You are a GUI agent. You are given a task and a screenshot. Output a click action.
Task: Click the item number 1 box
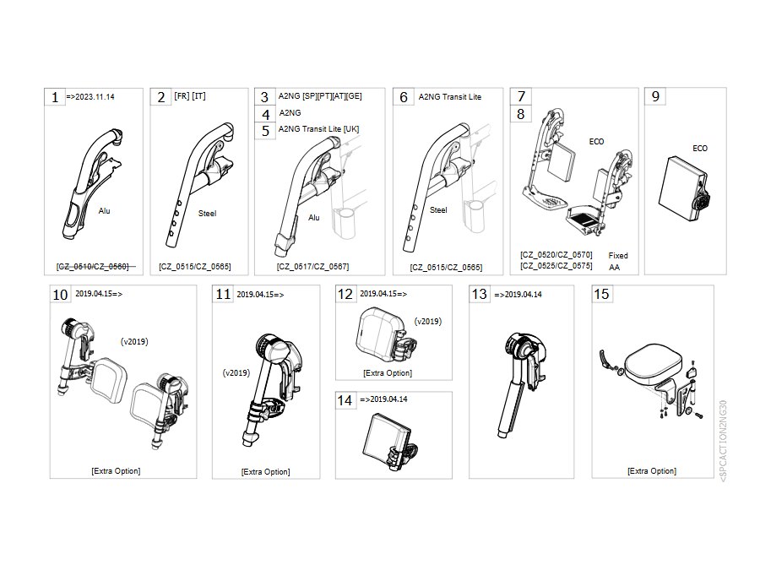point(55,97)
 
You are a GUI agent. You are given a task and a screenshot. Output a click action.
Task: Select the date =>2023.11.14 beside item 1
point(90,97)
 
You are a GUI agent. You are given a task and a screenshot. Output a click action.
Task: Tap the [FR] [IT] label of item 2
point(190,96)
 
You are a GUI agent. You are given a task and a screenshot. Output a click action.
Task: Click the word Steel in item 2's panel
point(207,214)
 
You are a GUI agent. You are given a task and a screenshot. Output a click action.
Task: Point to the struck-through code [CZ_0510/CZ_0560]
point(93,267)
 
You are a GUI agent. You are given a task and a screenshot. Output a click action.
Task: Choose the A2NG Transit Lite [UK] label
point(318,129)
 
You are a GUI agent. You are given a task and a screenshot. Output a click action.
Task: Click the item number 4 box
point(266,114)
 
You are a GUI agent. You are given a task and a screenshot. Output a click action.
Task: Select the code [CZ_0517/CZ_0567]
point(312,267)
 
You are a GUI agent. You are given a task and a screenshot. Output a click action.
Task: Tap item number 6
point(404,97)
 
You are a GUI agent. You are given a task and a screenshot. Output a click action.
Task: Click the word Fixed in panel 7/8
point(618,255)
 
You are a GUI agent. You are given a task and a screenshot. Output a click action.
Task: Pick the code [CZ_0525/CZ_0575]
point(556,266)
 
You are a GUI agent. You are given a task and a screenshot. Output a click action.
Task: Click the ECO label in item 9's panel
point(700,149)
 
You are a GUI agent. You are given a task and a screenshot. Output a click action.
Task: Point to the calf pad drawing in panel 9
point(684,188)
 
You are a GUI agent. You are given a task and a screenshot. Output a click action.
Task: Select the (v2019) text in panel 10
point(134,342)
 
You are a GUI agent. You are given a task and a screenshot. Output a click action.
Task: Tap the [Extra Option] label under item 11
point(266,471)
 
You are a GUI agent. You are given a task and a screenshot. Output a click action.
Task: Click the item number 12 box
point(345,294)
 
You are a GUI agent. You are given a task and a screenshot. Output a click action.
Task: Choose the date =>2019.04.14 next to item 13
point(518,294)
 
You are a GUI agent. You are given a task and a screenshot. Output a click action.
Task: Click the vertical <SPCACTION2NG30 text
point(723,441)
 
